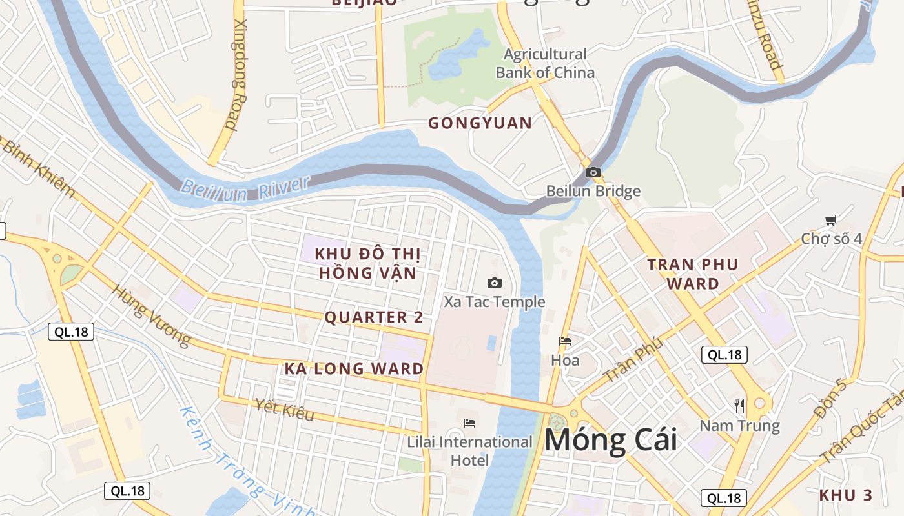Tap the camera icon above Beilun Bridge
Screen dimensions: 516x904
click(593, 172)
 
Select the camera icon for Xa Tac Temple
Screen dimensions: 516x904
click(495, 283)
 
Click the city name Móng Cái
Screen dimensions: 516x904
click(611, 440)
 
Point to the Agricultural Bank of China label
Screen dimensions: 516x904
click(545, 63)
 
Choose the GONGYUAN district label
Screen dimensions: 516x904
click(480, 123)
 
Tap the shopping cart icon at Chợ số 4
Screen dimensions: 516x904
click(830, 221)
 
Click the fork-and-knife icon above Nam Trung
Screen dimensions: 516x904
click(740, 406)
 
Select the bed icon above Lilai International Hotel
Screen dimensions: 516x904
click(469, 423)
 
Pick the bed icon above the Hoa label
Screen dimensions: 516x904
click(565, 341)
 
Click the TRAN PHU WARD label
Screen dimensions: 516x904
click(693, 273)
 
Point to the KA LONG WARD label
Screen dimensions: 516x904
click(354, 369)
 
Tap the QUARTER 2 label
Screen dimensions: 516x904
click(374, 317)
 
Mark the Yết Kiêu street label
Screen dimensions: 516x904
click(285, 410)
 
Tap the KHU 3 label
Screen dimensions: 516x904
click(845, 495)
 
